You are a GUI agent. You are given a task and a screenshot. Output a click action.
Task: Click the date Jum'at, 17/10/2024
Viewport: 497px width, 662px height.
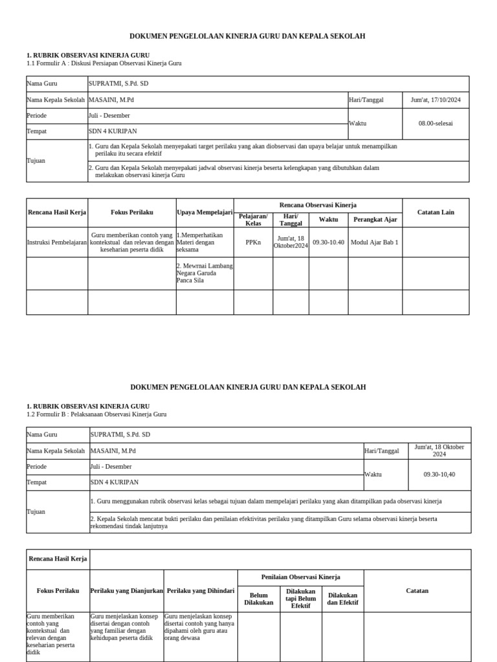pos(436,100)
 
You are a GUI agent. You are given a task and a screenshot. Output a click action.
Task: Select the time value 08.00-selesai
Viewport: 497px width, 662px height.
pos(436,123)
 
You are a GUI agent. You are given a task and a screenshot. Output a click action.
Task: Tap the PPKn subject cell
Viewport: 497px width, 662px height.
pos(253,242)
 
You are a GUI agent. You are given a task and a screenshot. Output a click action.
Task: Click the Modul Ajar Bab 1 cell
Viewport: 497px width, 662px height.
pos(374,242)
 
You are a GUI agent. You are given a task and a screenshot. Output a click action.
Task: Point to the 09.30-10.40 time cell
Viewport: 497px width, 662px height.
pos(328,242)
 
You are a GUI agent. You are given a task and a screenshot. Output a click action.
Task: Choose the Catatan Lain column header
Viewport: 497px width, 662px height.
pos(435,212)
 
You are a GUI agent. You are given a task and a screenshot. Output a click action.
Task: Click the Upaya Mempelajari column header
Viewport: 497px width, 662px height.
pos(204,212)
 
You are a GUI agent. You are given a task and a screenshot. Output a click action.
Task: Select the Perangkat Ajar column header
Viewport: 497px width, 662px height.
pos(374,219)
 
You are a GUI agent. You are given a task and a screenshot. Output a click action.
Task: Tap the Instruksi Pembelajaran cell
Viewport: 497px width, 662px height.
pos(57,242)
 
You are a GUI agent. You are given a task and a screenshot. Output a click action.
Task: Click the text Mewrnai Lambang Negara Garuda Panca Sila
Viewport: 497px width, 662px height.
pos(204,273)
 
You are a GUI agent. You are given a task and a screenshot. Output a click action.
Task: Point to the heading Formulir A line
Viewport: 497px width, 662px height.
pos(104,63)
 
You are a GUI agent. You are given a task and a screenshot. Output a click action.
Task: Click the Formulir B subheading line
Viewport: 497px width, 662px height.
pos(96,414)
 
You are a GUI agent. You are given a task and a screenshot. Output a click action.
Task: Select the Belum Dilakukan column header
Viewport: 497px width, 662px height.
pos(259,599)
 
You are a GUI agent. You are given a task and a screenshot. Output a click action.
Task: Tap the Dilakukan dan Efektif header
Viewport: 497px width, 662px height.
pos(343,599)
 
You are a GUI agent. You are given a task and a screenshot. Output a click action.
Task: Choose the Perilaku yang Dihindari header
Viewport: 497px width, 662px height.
pos(201,591)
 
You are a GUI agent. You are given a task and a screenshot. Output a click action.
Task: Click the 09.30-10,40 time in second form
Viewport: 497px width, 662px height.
pos(439,474)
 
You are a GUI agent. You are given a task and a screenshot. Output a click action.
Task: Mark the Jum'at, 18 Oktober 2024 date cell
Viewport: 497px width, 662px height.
pos(439,451)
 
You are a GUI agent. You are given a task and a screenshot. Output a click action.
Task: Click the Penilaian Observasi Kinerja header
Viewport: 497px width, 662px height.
pos(301,577)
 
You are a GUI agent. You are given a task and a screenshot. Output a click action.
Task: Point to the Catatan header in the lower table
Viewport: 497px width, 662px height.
pos(417,590)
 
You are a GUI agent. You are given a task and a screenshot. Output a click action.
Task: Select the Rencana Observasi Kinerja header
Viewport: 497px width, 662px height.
pos(318,205)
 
